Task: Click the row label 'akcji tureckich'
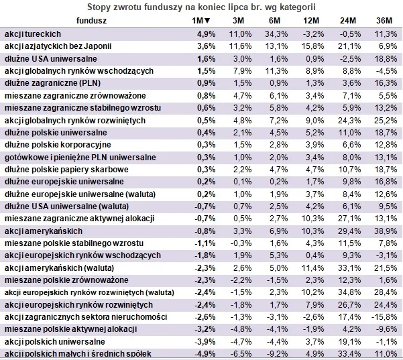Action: click(x=33, y=33)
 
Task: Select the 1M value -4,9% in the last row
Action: click(x=203, y=354)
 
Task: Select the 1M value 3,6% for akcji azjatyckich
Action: click(x=204, y=46)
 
